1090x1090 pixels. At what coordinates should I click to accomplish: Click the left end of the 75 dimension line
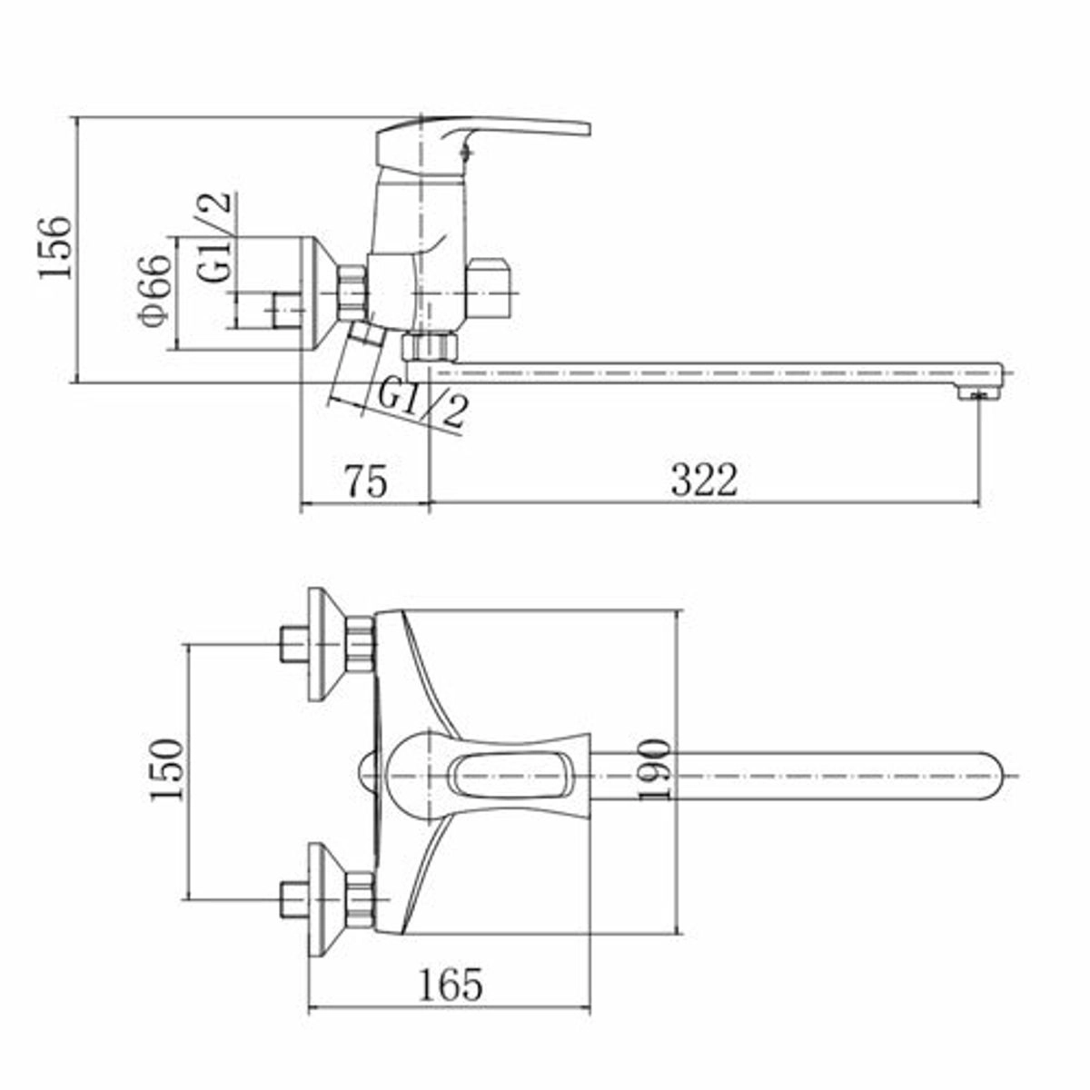[x=300, y=501]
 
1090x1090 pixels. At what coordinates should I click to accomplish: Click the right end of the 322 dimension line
[x=980, y=501]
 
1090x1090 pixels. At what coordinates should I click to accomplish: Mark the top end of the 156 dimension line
[x=76, y=118]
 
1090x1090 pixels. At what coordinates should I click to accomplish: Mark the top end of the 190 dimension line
[x=678, y=609]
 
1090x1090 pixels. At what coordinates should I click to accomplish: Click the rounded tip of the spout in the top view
[x=1002, y=775]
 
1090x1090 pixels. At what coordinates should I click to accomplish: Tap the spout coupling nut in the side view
[x=431, y=347]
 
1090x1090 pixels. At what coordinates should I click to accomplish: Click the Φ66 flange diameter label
[x=154, y=291]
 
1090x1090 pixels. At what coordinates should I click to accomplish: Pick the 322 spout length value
[x=704, y=481]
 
